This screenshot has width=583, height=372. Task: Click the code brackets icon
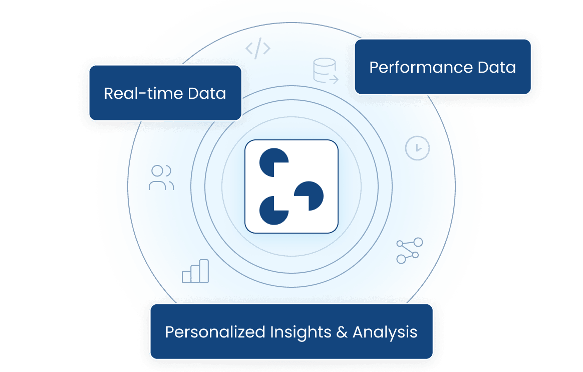(x=258, y=49)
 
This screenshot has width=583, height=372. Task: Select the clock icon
(x=417, y=148)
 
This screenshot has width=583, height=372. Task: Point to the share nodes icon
(x=409, y=251)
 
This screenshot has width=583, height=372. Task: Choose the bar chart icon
(x=195, y=272)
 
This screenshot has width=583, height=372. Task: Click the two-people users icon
(x=161, y=177)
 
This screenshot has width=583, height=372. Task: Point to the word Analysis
(x=385, y=332)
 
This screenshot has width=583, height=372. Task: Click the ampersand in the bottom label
(x=342, y=332)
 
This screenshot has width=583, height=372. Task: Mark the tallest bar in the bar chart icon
(x=204, y=271)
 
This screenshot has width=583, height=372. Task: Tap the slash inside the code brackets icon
(x=258, y=49)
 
